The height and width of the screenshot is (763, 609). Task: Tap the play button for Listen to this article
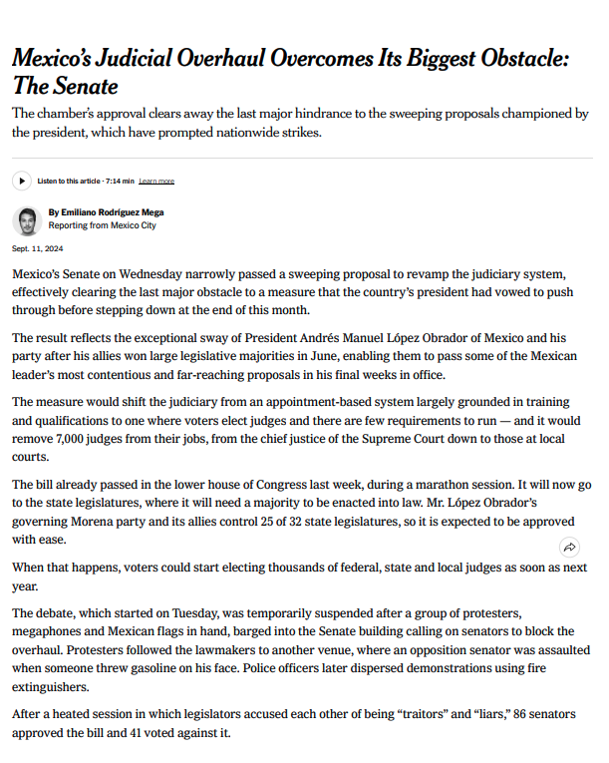22,181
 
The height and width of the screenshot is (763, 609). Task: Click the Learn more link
156,182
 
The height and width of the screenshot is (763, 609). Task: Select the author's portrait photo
28,219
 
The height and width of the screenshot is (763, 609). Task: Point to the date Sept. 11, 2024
37,248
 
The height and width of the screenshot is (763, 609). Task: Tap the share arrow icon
569,547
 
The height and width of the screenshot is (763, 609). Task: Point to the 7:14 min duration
118,182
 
